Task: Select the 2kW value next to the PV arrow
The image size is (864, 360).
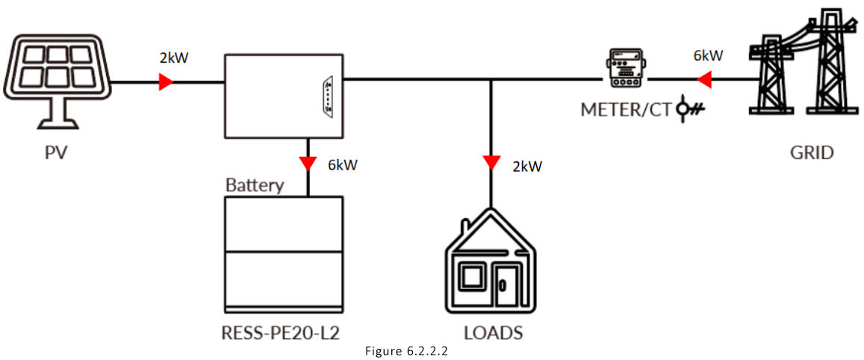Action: click(x=174, y=58)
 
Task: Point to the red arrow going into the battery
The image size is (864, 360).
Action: click(x=305, y=164)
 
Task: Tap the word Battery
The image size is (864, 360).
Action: click(x=255, y=184)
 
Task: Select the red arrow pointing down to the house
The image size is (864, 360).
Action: click(x=491, y=162)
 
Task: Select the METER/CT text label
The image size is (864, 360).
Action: click(x=626, y=110)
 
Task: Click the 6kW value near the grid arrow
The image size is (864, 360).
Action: click(x=708, y=56)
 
